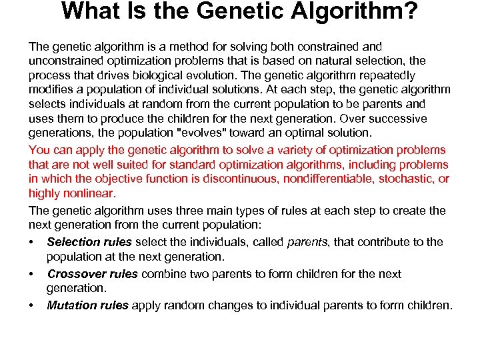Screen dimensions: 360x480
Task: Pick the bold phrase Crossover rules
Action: click(92, 274)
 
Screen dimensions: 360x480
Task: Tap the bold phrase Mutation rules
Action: click(87, 305)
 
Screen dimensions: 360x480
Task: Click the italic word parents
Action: click(307, 242)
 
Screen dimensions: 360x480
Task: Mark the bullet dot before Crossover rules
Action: click(31, 274)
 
